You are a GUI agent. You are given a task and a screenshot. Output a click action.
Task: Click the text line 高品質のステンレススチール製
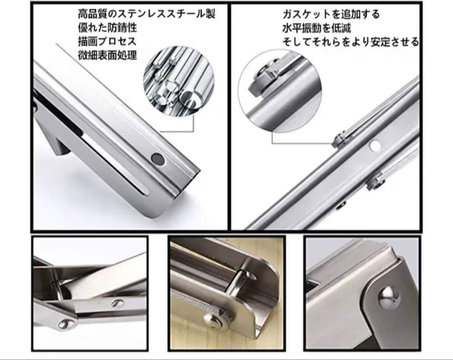tap(146, 14)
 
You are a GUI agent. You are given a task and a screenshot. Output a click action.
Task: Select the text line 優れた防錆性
tap(107, 28)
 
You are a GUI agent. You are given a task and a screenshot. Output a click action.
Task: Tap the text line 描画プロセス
tap(107, 41)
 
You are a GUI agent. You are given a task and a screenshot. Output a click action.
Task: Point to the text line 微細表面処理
tap(107, 55)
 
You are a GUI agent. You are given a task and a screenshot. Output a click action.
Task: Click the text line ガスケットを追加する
tap(331, 14)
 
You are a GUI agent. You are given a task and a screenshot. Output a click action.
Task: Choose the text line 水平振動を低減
tap(317, 28)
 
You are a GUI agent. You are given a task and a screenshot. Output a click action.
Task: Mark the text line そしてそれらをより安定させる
tap(350, 42)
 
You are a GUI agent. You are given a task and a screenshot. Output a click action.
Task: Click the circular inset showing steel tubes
tap(179, 80)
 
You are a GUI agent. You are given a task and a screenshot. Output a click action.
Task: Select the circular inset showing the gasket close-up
tap(280, 92)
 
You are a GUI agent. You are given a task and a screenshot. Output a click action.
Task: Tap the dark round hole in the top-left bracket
tap(157, 158)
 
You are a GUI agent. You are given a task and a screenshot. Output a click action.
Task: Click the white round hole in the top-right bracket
tap(375, 145)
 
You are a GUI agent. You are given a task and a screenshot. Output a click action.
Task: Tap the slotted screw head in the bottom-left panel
tap(117, 303)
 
